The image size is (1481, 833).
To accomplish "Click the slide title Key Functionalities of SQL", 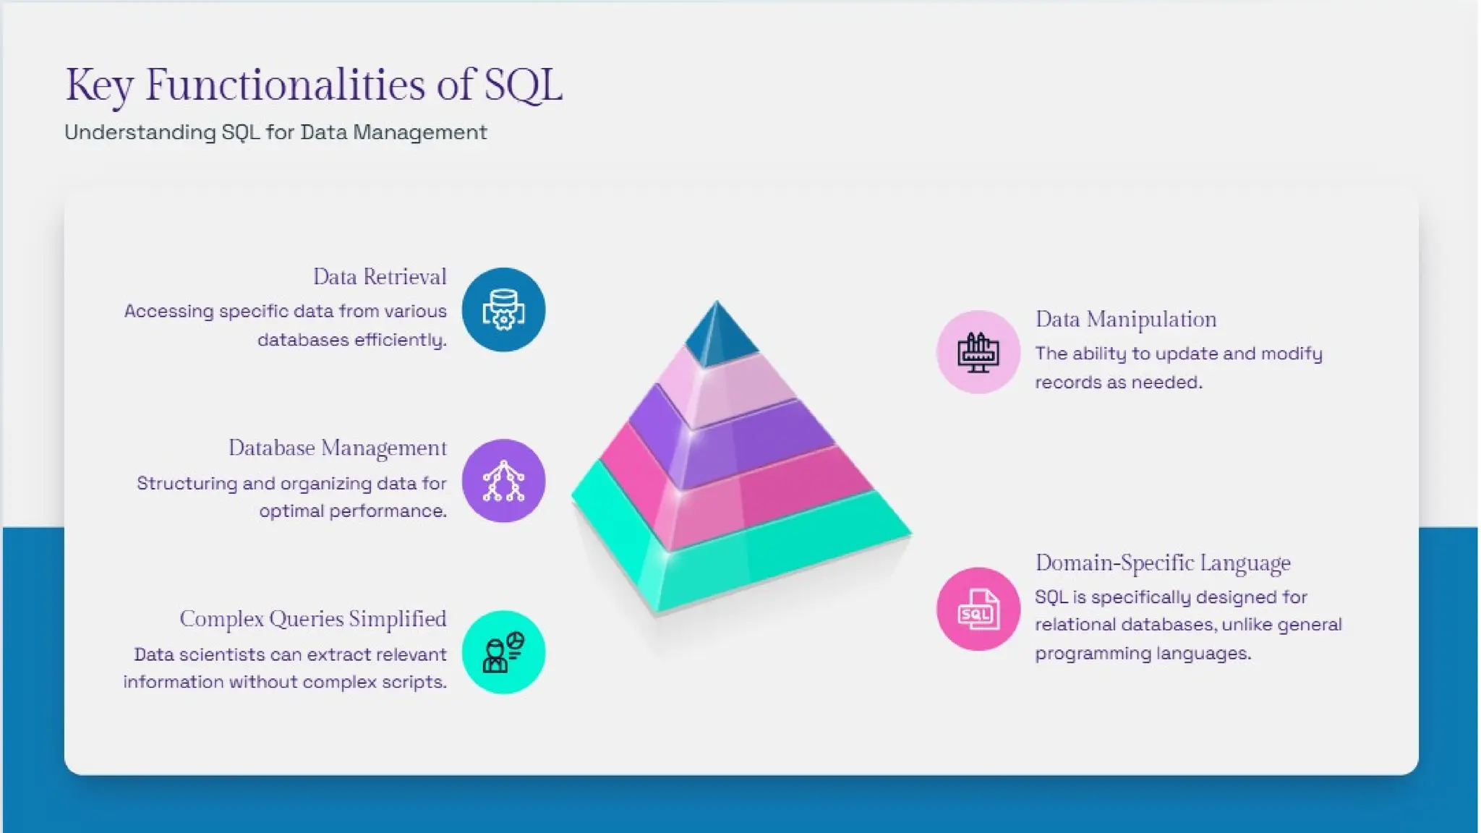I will (x=313, y=85).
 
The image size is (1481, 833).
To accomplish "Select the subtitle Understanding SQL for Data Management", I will (x=276, y=132).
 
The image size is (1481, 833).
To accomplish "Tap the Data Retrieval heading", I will (x=380, y=277).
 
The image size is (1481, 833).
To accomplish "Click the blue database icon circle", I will (x=503, y=310).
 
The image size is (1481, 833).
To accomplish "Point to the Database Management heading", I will (x=338, y=448).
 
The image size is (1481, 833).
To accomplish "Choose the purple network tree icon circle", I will (x=503, y=481).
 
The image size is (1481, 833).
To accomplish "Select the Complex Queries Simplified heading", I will (x=313, y=619).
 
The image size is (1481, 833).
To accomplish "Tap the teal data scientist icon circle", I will (x=503, y=652).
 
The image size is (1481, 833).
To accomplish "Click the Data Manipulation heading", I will (x=1126, y=320).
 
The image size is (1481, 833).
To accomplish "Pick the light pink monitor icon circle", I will (x=978, y=352).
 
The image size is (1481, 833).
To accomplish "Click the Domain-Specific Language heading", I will (x=1163, y=563).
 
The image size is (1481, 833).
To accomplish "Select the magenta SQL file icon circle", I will (x=978, y=609).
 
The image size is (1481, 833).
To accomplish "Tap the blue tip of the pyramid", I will (x=717, y=336).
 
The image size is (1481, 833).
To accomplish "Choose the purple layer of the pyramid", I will (x=730, y=441).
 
